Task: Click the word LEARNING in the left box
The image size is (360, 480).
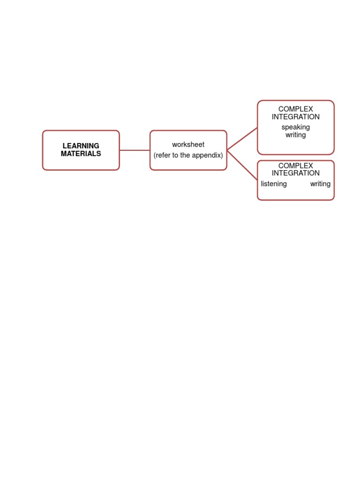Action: click(x=81, y=146)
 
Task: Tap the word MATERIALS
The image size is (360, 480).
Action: click(x=81, y=154)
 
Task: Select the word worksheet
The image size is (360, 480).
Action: click(x=188, y=145)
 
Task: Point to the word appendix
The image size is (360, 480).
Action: click(x=207, y=155)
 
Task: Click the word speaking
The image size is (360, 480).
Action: click(x=295, y=127)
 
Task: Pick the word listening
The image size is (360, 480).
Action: click(x=274, y=184)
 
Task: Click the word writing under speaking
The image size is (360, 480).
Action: click(x=295, y=135)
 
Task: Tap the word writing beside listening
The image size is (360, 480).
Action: click(x=320, y=184)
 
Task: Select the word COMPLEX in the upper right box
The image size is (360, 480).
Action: click(x=295, y=109)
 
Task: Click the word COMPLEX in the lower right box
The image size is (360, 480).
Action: click(x=295, y=166)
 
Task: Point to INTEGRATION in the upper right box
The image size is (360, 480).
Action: click(x=295, y=117)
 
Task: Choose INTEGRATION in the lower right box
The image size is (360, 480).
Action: click(x=295, y=173)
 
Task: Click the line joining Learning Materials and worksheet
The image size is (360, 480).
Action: click(x=135, y=150)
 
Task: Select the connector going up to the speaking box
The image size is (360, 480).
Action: click(x=242, y=139)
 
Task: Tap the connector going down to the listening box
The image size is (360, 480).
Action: click(x=242, y=165)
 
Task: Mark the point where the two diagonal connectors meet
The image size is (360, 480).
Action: click(x=228, y=150)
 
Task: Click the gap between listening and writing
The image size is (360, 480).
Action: click(x=299, y=184)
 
